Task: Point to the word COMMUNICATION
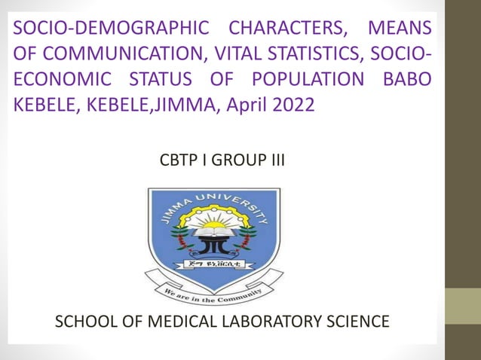pyautogui.click(x=121, y=54)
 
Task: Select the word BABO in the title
pyautogui.click(x=408, y=79)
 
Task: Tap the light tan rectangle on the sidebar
pyautogui.click(x=462, y=307)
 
